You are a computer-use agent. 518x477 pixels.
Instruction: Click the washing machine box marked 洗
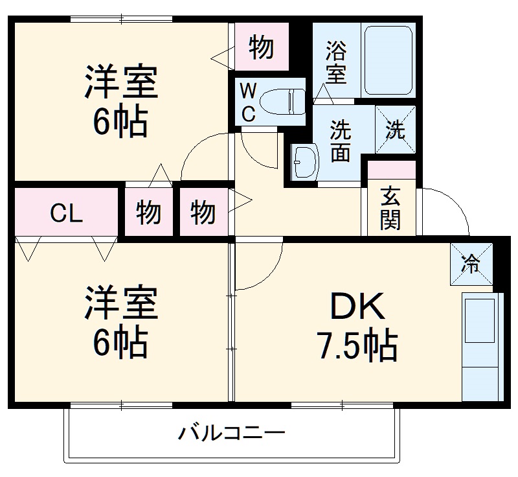pos(394,130)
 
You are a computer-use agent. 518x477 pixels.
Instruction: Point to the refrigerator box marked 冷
pos(471,264)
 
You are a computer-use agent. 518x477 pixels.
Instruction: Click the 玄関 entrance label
pos(390,209)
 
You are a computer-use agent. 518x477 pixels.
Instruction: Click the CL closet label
pos(67,213)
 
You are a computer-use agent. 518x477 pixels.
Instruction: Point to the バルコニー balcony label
pos(231,432)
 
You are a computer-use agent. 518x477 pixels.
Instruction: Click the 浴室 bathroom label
pos(335,63)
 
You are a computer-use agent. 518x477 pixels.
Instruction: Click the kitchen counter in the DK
pos(482,346)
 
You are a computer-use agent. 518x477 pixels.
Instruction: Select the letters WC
pos(248,102)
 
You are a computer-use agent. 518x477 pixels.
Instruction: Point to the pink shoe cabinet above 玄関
pos(391,170)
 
